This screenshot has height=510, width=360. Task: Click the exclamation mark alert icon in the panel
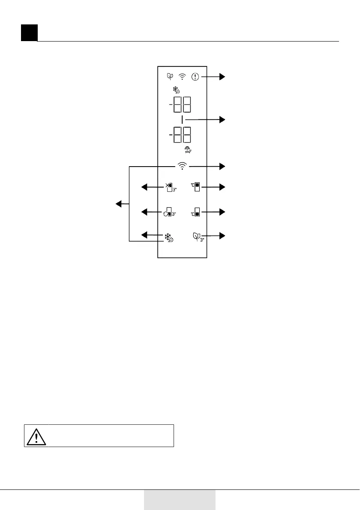[195, 77]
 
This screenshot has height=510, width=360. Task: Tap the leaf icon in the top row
[170, 77]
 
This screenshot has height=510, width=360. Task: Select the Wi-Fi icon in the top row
[183, 77]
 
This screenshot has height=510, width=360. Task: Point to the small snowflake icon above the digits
[176, 90]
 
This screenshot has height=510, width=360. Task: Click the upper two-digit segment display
[182, 104]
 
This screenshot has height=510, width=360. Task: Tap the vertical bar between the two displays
[182, 120]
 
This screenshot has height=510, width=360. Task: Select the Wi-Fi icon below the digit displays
[183, 166]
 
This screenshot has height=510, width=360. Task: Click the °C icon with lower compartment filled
[196, 212]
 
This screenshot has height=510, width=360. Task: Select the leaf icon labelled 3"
[198, 236]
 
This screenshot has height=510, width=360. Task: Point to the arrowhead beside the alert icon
[222, 77]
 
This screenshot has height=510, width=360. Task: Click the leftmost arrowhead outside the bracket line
[117, 204]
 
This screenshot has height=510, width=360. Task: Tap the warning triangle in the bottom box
[36, 436]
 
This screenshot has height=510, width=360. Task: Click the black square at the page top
[29, 33]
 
